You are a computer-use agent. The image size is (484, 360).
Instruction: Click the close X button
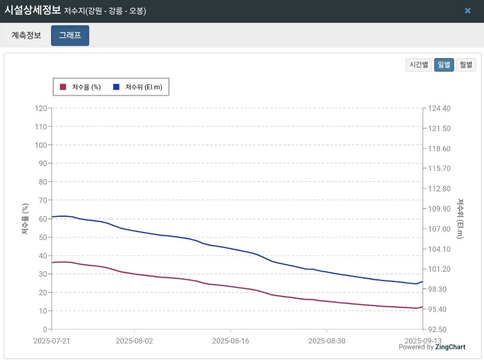click(x=467, y=11)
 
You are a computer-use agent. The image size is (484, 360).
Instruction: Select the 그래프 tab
click(x=70, y=35)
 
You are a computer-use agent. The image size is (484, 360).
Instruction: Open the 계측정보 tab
click(x=26, y=35)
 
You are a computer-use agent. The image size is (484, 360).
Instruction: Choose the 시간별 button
click(x=419, y=65)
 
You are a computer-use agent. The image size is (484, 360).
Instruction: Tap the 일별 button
click(x=444, y=65)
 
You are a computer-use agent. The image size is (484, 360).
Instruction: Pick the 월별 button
click(x=466, y=65)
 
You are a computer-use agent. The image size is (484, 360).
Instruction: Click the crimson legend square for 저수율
click(x=63, y=87)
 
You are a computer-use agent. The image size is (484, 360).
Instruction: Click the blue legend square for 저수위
click(x=116, y=87)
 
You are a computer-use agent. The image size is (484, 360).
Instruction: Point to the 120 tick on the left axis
click(x=41, y=108)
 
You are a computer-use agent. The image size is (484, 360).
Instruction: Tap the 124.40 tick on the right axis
click(x=439, y=108)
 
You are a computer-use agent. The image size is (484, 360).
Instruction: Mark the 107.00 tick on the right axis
click(x=439, y=229)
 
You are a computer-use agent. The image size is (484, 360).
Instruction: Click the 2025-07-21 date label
click(x=52, y=340)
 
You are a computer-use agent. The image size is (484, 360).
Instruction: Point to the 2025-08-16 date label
click(x=230, y=340)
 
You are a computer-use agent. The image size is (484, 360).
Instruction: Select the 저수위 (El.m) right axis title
click(x=460, y=218)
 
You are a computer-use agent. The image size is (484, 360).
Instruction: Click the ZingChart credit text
click(x=451, y=347)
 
